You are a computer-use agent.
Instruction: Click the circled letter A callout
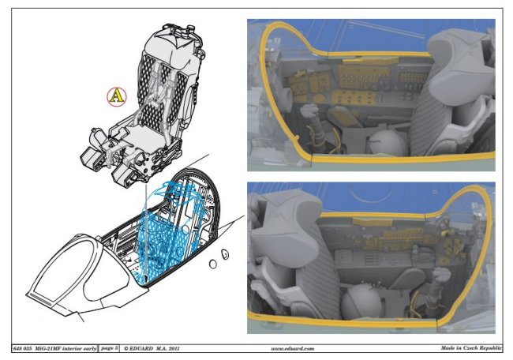pyautogui.click(x=117, y=97)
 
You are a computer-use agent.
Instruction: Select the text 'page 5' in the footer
pyautogui.click(x=109, y=348)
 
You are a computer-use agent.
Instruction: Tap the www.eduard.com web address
pyautogui.click(x=293, y=348)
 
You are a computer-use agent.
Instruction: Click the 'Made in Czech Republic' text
pyautogui.click(x=471, y=348)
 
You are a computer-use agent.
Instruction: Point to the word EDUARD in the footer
pyautogui.click(x=141, y=348)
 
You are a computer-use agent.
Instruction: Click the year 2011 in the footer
pyautogui.click(x=174, y=348)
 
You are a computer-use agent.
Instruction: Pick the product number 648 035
pyautogui.click(x=22, y=348)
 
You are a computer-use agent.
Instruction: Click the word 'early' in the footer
pyautogui.click(x=89, y=348)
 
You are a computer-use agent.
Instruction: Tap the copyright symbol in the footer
pyautogui.click(x=126, y=348)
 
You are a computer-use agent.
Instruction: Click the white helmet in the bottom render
pyautogui.click(x=361, y=302)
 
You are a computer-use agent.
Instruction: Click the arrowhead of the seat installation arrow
pyautogui.click(x=145, y=278)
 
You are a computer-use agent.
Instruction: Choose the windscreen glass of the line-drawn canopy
pyautogui.click(x=62, y=272)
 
